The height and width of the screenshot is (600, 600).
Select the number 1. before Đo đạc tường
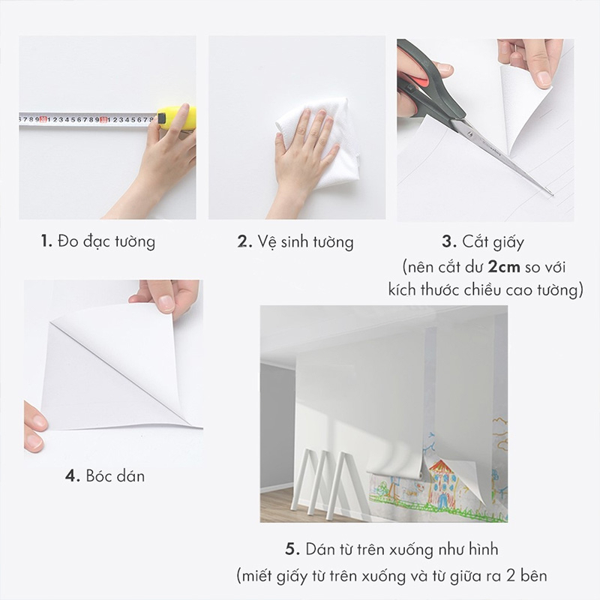pyautogui.click(x=46, y=241)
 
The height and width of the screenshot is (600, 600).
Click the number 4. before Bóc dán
pyautogui.click(x=73, y=475)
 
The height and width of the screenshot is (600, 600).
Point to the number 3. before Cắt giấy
pyautogui.click(x=449, y=241)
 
